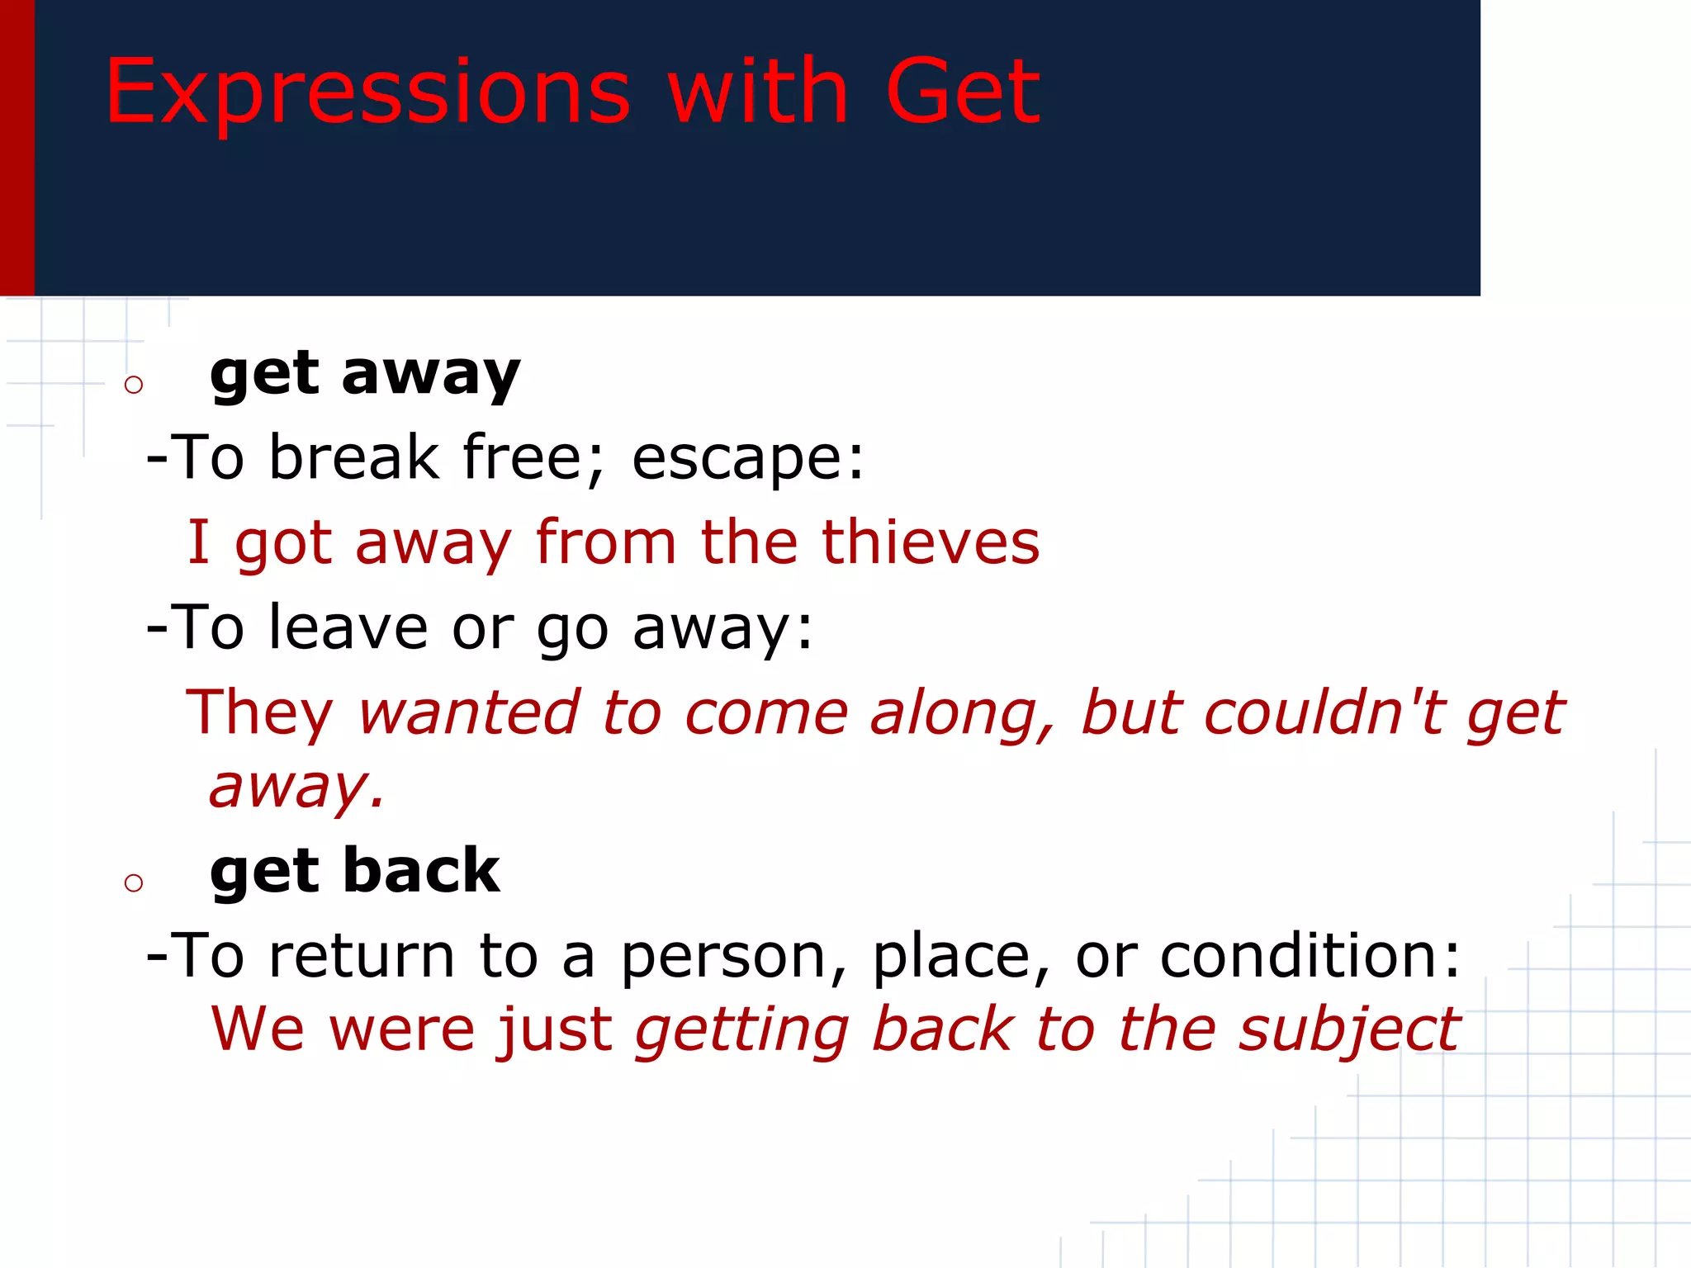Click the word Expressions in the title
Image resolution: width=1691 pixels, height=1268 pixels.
[x=367, y=92]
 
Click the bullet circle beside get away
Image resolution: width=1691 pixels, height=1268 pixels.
[x=134, y=385]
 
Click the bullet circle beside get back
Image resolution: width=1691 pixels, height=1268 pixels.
[x=134, y=883]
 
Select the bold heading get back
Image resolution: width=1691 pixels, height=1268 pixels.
[x=354, y=872]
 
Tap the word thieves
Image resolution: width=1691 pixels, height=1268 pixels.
[x=931, y=543]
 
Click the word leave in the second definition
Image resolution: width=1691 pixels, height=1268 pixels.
[x=348, y=627]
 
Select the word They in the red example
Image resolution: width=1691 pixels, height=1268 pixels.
[x=259, y=714]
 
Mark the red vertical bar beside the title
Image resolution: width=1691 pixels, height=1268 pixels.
[x=17, y=149]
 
